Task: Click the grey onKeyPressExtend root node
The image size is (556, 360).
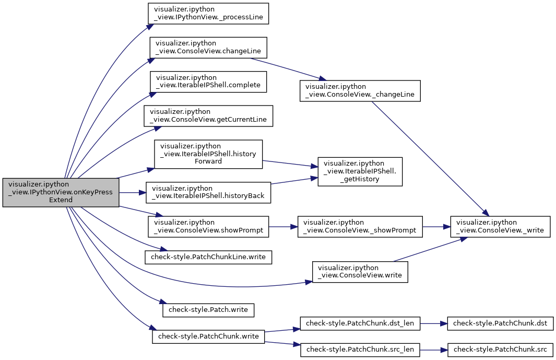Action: coord(61,192)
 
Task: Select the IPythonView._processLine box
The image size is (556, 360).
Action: coord(208,14)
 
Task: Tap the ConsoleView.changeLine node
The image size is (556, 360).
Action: coord(208,48)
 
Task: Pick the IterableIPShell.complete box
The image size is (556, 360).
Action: coord(208,82)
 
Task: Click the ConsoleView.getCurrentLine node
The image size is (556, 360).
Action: coord(208,116)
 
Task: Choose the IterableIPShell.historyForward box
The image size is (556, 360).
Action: coord(208,154)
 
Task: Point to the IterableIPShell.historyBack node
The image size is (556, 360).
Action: coord(208,192)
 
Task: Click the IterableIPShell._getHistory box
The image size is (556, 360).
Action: coord(360,171)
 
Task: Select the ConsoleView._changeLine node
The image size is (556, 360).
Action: coord(360,91)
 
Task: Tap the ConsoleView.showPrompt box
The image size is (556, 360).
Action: coord(208,227)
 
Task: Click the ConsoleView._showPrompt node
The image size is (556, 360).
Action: coord(360,227)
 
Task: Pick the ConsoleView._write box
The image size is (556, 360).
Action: coord(500,227)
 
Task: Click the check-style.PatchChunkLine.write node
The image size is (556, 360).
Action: coord(208,257)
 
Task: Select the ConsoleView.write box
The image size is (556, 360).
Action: coord(360,272)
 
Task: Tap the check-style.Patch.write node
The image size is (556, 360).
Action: coord(208,310)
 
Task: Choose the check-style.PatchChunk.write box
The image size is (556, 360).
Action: coord(208,336)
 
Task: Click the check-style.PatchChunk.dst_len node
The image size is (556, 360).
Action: coord(360,323)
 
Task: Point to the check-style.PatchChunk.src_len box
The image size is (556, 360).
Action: coord(360,350)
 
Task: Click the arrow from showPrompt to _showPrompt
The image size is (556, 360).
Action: coord(283,227)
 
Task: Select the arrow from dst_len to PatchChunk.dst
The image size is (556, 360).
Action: coord(434,323)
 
